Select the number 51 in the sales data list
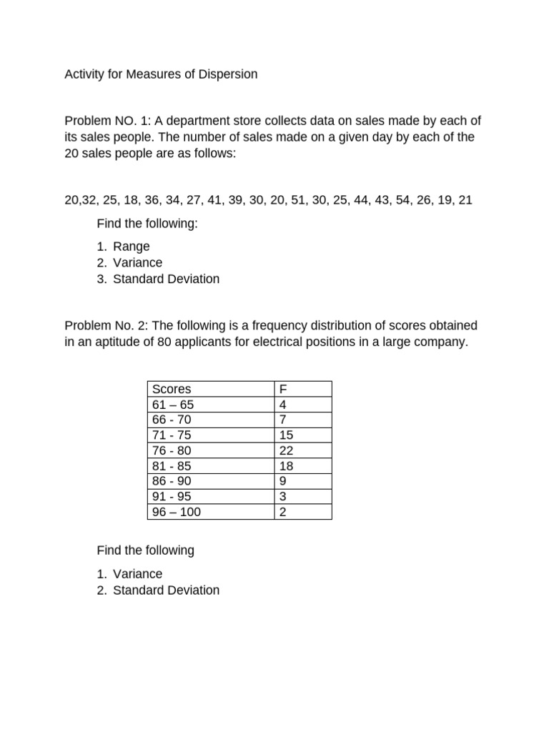pyautogui.click(x=298, y=200)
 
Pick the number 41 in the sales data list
pyautogui.click(x=215, y=200)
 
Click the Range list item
pyautogui.click(x=131, y=247)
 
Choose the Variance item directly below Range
pyautogui.click(x=137, y=262)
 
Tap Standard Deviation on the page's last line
pyautogui.click(x=166, y=590)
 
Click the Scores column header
pyautogui.click(x=172, y=389)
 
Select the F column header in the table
pyautogui.click(x=283, y=389)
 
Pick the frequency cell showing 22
pyautogui.click(x=287, y=450)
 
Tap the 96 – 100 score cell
pyautogui.click(x=177, y=512)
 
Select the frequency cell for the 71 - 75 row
pyautogui.click(x=287, y=435)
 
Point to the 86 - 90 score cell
pyautogui.click(x=172, y=481)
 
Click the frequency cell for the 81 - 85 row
pyautogui.click(x=287, y=465)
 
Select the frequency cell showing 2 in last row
pyautogui.click(x=283, y=512)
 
